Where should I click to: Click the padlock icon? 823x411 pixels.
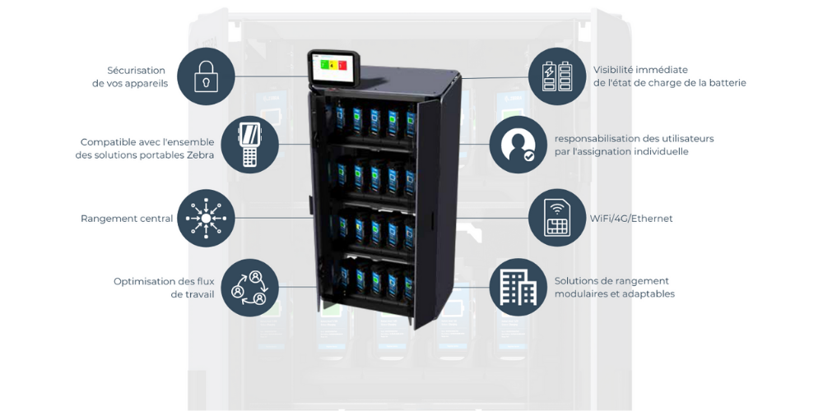point(206,76)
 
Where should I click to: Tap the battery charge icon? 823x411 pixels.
point(557,76)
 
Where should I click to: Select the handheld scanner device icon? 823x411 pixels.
point(249,145)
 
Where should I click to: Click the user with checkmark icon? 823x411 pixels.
point(518,145)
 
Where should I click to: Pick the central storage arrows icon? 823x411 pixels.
point(206,218)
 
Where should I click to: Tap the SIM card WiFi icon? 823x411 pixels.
point(557,218)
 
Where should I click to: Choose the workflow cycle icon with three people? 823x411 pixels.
point(249,287)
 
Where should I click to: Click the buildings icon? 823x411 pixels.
point(518,287)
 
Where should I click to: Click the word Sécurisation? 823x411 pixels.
point(136,70)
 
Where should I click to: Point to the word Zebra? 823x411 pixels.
point(201,155)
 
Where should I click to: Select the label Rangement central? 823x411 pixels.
point(127,219)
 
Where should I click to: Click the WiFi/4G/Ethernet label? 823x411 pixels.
point(631,219)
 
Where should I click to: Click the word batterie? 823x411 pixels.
point(725,83)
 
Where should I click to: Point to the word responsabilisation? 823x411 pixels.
point(597,139)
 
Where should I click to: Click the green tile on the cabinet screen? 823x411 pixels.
point(324,66)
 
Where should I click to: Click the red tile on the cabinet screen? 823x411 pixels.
point(342,66)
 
